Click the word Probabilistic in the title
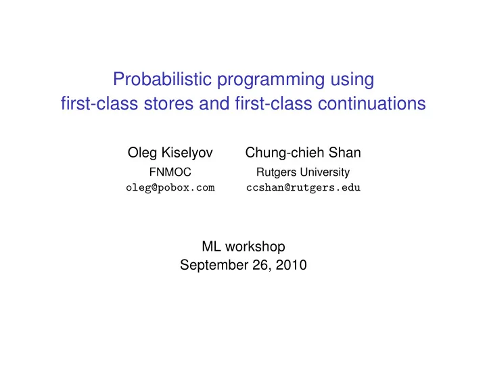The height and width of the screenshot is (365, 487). point(162,79)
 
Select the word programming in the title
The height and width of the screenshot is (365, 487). point(271,80)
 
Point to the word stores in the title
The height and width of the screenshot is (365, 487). point(168,103)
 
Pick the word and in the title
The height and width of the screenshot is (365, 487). point(214,103)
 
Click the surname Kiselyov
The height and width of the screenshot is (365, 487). point(187,153)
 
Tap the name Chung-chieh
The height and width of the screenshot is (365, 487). point(284,153)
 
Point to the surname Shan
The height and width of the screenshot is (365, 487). point(345,152)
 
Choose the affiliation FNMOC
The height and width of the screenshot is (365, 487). point(170,172)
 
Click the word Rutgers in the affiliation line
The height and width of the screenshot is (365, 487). point(277,172)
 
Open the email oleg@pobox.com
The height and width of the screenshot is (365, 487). point(170,188)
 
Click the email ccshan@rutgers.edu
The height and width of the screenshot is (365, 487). point(303,188)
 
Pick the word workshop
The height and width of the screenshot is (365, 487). point(255,247)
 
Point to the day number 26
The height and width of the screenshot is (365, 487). point(262,265)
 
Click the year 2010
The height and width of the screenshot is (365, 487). point(292,265)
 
